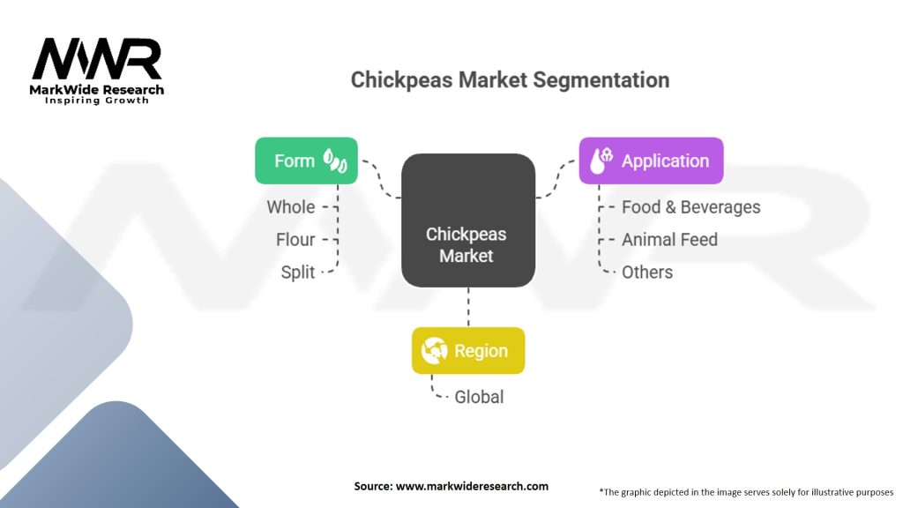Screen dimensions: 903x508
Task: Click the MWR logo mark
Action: coord(97,59)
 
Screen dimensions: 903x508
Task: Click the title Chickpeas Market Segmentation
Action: coord(510,79)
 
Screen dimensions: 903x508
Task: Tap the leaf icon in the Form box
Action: coord(334,161)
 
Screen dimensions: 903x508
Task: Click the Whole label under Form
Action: coord(291,207)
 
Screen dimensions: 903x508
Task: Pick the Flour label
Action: coord(295,239)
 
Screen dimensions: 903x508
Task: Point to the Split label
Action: coord(298,272)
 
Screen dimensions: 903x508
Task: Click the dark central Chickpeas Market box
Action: coord(467,220)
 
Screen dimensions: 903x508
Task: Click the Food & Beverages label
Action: coord(690,207)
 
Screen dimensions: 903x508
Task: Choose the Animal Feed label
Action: coord(669,239)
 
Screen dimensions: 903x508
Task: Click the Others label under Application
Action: coord(647,272)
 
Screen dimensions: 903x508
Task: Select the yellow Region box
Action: coord(467,351)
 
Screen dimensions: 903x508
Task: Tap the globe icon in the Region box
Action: coord(435,351)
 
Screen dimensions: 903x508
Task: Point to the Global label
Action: coord(479,397)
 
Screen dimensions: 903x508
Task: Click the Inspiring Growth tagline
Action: coord(97,101)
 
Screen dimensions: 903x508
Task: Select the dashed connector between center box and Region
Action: coord(468,307)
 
